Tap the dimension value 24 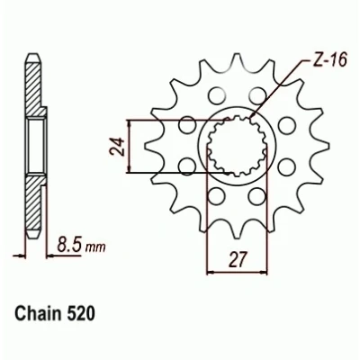[x=116, y=147]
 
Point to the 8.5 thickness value [x=69, y=247]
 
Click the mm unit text [x=95, y=247]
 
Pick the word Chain [x=39, y=314]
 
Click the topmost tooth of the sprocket [x=237, y=60]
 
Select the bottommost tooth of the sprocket [x=237, y=231]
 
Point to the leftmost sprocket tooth [x=151, y=146]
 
